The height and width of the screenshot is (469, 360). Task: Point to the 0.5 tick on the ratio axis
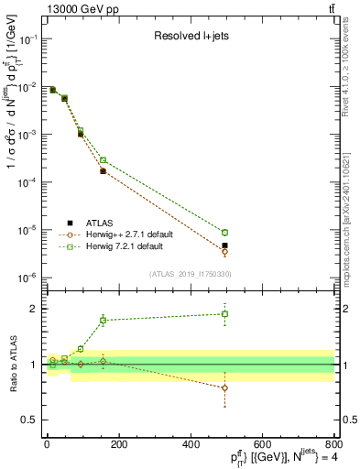point(349,420)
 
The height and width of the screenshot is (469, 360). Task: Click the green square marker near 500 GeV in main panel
point(225,233)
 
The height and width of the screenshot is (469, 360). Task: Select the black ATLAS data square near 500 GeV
point(225,245)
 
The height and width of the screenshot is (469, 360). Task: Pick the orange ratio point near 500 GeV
point(225,388)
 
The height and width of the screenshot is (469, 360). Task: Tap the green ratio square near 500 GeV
point(225,314)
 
